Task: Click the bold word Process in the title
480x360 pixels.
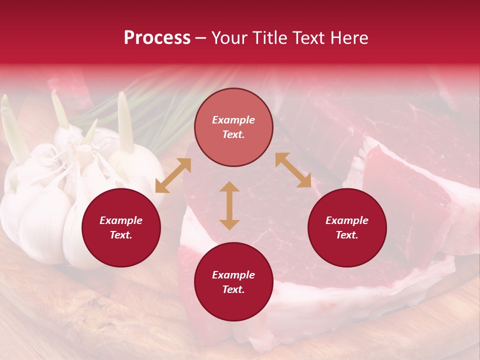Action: (157, 38)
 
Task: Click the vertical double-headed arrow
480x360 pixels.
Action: (229, 205)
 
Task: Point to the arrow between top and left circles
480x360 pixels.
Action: (173, 175)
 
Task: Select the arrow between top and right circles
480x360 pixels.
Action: (293, 170)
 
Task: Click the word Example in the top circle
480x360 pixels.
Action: (233, 120)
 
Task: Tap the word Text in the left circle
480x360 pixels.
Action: (121, 235)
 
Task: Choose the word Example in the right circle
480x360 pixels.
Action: (347, 220)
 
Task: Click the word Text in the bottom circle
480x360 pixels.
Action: (233, 289)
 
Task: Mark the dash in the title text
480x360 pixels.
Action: (201, 38)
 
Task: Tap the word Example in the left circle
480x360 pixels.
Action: (121, 220)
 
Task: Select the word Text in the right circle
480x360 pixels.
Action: (347, 235)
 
